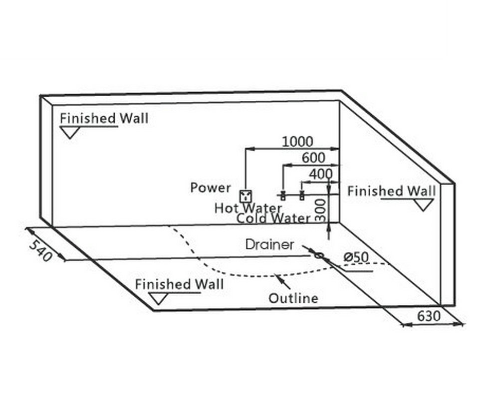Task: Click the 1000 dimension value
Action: click(x=297, y=142)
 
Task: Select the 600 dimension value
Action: click(x=313, y=158)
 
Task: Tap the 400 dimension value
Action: click(x=320, y=174)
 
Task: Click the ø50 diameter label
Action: click(x=356, y=257)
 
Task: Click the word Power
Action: click(x=211, y=188)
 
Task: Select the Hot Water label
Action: click(x=248, y=207)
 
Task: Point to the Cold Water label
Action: click(x=273, y=218)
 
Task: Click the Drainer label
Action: click(x=269, y=245)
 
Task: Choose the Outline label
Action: click(x=293, y=298)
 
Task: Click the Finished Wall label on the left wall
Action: click(x=104, y=118)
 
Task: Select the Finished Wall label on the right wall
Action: click(x=391, y=191)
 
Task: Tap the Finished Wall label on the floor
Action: click(x=179, y=284)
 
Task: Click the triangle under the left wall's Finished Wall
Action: click(x=69, y=132)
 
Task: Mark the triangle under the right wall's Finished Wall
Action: click(x=423, y=204)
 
